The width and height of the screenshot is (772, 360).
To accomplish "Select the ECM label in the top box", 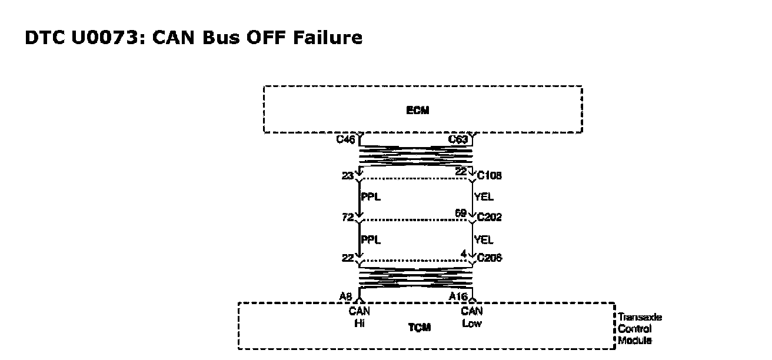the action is coord(418,111).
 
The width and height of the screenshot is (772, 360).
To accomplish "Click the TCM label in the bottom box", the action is coord(420,328).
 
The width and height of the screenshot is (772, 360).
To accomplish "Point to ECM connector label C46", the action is coord(345,140).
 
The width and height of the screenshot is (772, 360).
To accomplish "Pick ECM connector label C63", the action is coord(458,140).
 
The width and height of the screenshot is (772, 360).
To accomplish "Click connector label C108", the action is coord(490,176).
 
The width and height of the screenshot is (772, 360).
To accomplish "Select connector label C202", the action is coord(490,218).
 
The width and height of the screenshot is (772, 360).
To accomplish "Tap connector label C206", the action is coord(490,258).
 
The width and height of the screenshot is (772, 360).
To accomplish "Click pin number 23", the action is coord(347,175).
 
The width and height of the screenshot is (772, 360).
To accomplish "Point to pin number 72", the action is coord(347,217).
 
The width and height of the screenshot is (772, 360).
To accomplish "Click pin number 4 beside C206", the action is coord(464,254).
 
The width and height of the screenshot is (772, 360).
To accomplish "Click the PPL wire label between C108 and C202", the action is coord(371,197).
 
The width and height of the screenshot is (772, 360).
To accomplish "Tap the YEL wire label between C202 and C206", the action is coord(484,240).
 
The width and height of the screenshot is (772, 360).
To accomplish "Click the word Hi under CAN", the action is coord(360,323).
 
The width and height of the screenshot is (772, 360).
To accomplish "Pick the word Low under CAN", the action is coord(472,323).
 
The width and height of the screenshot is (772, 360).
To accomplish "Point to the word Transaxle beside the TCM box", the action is coord(640,318).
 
